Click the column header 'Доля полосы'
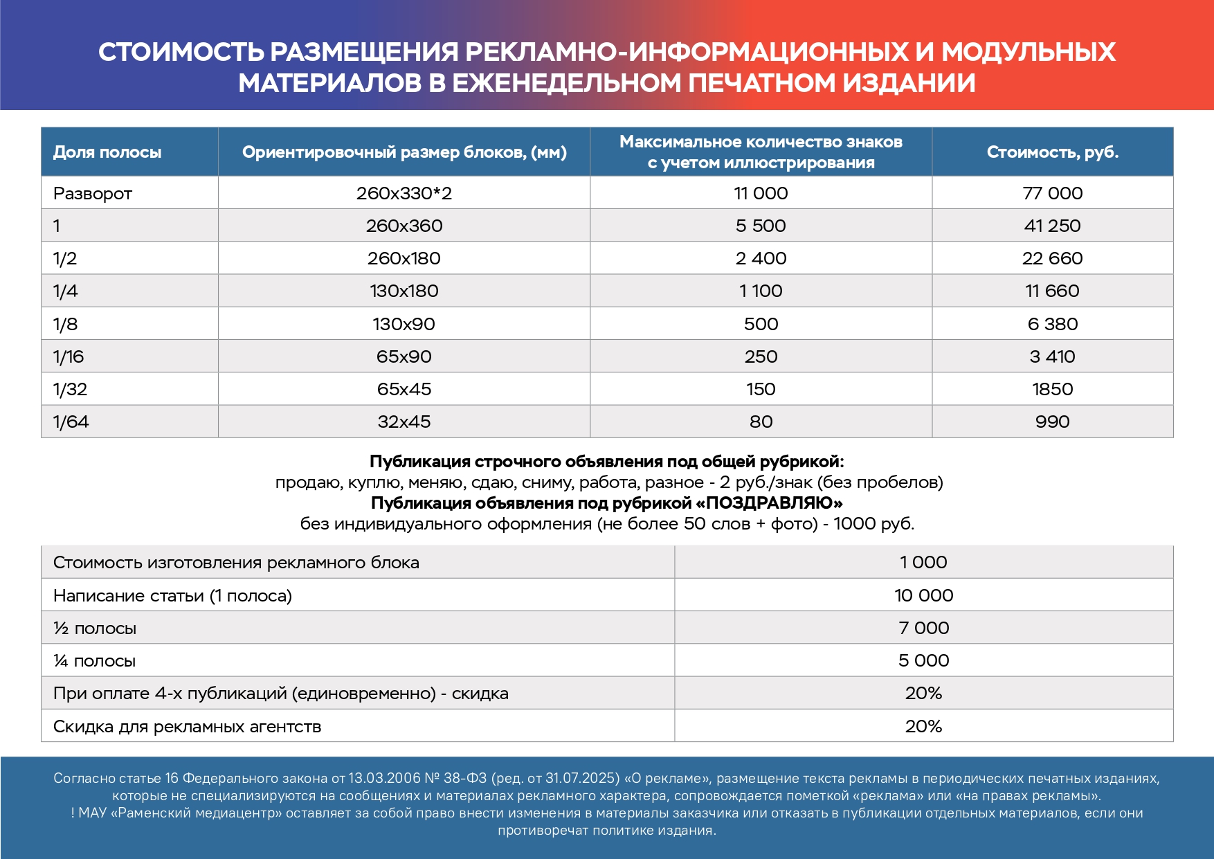coord(107,152)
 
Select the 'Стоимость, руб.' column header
coord(1052,152)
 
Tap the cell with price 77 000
coord(1052,193)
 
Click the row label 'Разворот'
coord(93,194)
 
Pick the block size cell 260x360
coord(404,226)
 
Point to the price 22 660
coord(1052,258)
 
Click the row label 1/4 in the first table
coord(66,291)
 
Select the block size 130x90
coord(404,324)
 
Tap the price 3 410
coord(1052,356)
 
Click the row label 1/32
coord(71,389)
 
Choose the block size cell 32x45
coord(404,422)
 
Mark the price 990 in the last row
coord(1052,422)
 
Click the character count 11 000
coord(761,193)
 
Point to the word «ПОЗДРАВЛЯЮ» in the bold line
coord(770,503)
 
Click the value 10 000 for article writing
coord(923,595)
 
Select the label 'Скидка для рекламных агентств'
coord(188,727)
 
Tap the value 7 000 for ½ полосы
coord(923,628)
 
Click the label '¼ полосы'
coord(95,661)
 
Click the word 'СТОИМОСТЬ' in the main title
coord(181,52)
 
